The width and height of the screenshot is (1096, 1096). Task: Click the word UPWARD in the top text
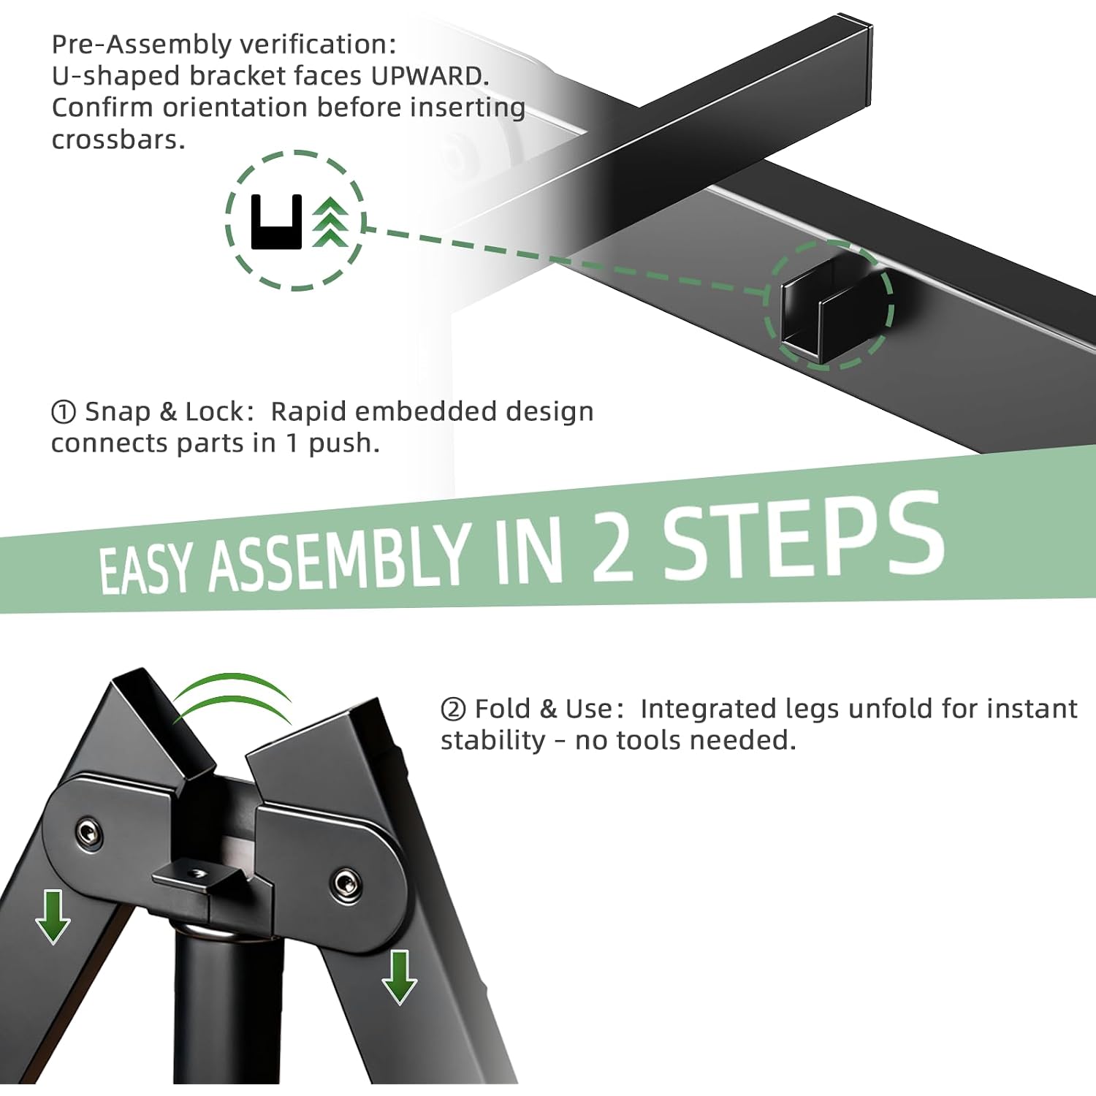429,76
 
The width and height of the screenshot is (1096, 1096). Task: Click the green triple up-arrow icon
330,221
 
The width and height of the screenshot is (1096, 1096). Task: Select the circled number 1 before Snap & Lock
64,413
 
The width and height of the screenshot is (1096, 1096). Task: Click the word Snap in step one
118,413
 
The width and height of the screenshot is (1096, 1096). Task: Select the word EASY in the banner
146,570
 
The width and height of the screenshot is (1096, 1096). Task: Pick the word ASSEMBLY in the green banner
338,559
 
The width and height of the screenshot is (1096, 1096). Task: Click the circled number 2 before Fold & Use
453,709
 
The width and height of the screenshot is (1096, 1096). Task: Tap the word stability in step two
493,741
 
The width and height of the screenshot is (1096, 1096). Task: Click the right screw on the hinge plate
344,883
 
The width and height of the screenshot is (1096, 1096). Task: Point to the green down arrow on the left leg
53,916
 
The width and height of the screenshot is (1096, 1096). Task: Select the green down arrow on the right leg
399,977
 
